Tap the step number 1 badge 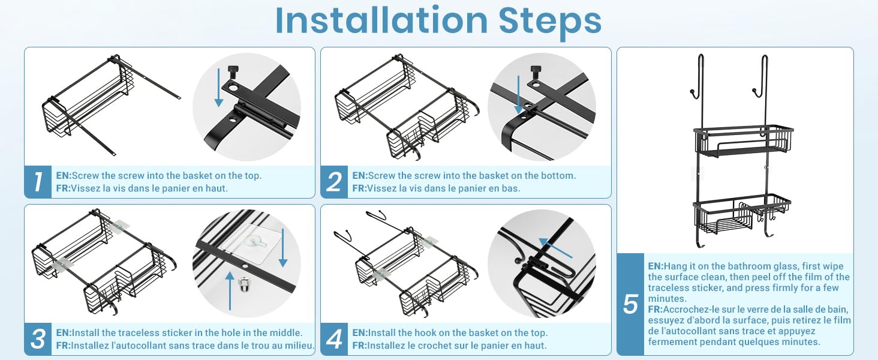click(x=38, y=182)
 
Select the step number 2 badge click(x=334, y=182)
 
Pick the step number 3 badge click(x=38, y=339)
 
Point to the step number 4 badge click(x=334, y=339)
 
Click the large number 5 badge click(x=630, y=304)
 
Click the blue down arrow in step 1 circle click(x=219, y=88)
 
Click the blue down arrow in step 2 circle click(x=519, y=94)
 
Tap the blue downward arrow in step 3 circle click(x=283, y=248)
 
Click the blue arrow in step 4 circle click(x=555, y=248)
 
